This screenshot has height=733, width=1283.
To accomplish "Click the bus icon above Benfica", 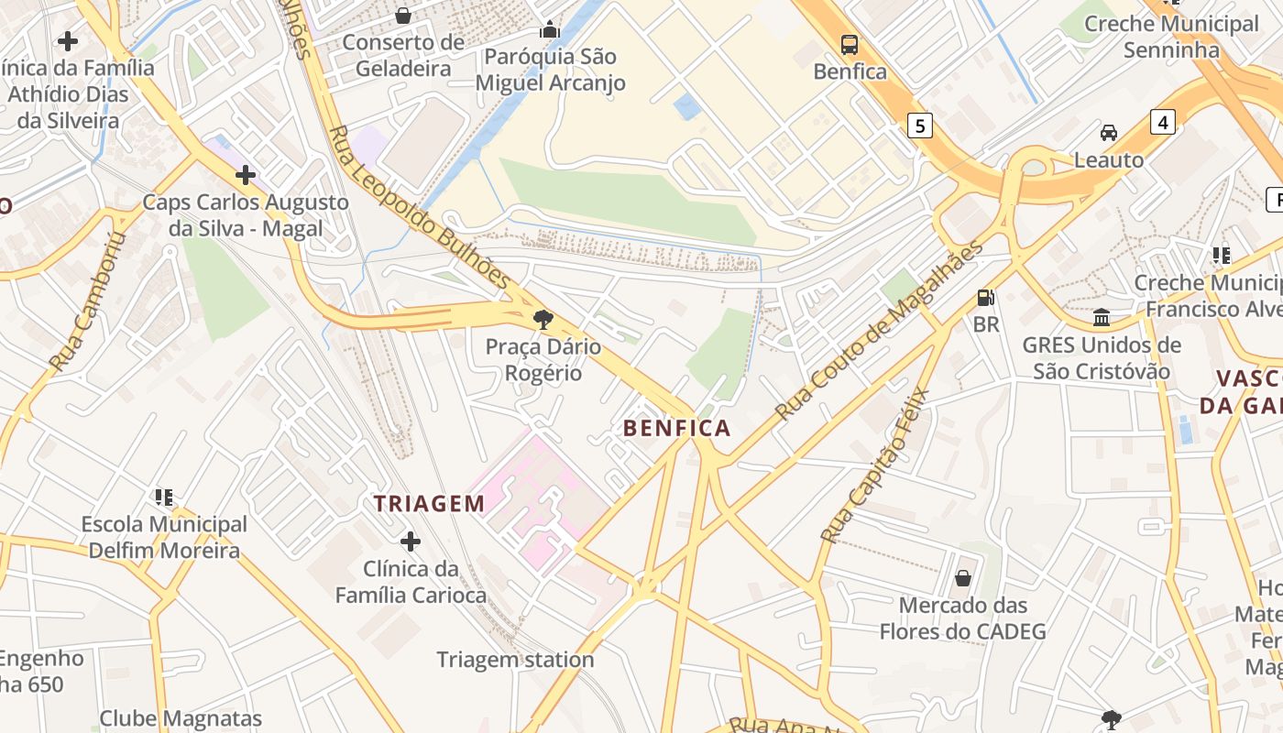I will click(x=850, y=44).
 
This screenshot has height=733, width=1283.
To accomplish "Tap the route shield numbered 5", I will click(x=920, y=125).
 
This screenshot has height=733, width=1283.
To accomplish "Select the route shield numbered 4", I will click(x=1162, y=121).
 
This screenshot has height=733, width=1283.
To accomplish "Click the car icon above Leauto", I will click(x=1109, y=133).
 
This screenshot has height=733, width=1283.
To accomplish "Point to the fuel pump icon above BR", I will click(x=986, y=298).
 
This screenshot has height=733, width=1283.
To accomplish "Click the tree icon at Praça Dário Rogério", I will click(x=543, y=320).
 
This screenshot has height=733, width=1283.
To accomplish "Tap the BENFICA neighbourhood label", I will click(x=677, y=428).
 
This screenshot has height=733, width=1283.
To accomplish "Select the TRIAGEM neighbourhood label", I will click(x=429, y=503).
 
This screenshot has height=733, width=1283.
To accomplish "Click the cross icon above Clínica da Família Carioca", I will click(x=411, y=542).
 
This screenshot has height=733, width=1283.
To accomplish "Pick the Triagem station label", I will click(x=515, y=660).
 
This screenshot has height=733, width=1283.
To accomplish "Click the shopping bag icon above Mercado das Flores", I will click(x=963, y=578).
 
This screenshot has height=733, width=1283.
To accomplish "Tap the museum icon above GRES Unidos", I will click(x=1102, y=318).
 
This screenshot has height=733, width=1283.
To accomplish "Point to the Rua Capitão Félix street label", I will click(x=875, y=465).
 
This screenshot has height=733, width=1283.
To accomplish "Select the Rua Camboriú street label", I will click(x=86, y=302).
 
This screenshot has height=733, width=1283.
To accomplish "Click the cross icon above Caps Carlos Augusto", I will click(x=246, y=175).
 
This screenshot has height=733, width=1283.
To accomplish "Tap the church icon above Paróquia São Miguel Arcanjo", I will click(x=550, y=30).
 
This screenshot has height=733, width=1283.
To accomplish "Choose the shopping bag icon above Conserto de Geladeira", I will click(x=402, y=16).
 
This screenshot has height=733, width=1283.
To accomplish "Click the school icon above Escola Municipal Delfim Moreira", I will click(x=164, y=498).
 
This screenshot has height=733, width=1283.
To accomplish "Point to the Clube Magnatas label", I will click(x=181, y=719).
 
